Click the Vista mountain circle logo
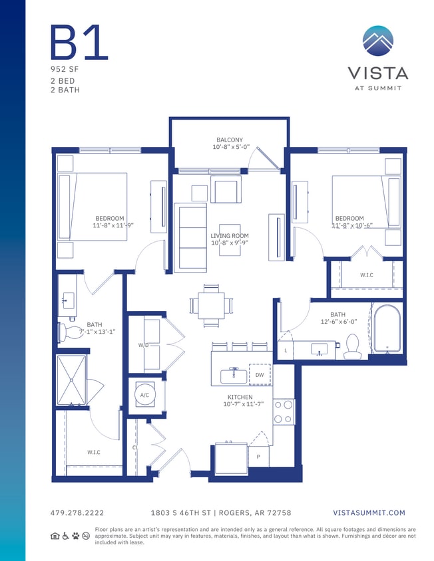(378, 41)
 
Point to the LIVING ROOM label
(230, 236)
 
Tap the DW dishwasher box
(260, 375)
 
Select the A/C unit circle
(144, 395)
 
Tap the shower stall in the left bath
(71, 380)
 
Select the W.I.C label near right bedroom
(366, 274)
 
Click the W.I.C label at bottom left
(94, 453)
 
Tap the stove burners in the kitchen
(284, 411)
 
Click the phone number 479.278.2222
(77, 513)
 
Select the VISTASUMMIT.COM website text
(368, 513)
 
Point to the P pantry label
(258, 457)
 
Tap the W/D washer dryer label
(142, 346)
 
